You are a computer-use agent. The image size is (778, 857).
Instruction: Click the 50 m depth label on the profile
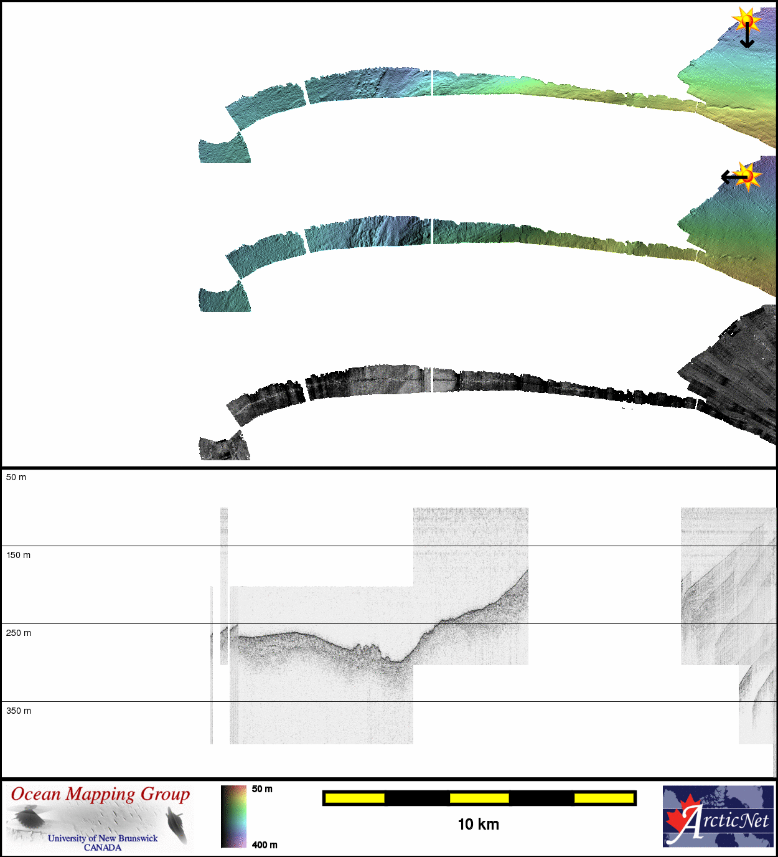point(16,477)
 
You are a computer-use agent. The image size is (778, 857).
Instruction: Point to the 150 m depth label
point(19,555)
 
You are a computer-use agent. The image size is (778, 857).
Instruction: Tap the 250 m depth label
point(19,633)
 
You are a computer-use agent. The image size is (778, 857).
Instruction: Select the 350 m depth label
point(19,711)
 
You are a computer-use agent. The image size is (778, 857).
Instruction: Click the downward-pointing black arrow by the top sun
point(747,35)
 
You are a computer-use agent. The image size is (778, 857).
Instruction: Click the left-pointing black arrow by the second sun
point(734,177)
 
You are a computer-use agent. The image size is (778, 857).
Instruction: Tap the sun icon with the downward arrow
point(746,21)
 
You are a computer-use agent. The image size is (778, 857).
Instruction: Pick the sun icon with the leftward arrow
point(748,176)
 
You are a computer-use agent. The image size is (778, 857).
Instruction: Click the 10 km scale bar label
point(478,825)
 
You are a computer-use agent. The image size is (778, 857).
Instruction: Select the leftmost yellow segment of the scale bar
point(355,798)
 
